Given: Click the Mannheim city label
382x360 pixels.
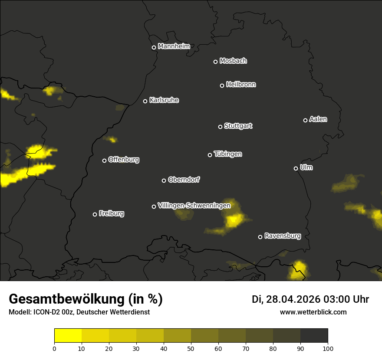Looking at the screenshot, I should (174, 46).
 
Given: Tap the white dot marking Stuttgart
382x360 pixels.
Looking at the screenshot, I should (220, 127).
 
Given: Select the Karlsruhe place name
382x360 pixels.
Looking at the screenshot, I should (164, 100).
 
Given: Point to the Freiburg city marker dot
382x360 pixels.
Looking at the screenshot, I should (95, 214).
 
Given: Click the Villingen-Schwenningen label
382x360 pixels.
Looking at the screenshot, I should (194, 205).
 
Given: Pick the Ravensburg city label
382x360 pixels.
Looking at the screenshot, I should (283, 236).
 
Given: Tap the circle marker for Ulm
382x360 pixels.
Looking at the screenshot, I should (296, 168).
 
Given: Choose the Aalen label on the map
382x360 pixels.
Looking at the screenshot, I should (318, 119).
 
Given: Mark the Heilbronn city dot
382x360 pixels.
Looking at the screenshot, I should (222, 85).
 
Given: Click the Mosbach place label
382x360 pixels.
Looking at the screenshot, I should (233, 61).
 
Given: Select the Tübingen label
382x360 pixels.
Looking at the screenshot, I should (228, 154).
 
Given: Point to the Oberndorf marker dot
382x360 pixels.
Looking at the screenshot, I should (164, 180).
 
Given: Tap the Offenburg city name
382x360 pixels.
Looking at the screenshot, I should (124, 160).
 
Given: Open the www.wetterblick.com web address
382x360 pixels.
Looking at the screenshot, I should (313, 312).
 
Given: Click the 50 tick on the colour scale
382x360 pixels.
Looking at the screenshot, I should (191, 348).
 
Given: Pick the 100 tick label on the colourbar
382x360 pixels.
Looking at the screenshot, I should (328, 348).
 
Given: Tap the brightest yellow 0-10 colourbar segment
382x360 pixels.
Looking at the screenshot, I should (68, 335).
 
